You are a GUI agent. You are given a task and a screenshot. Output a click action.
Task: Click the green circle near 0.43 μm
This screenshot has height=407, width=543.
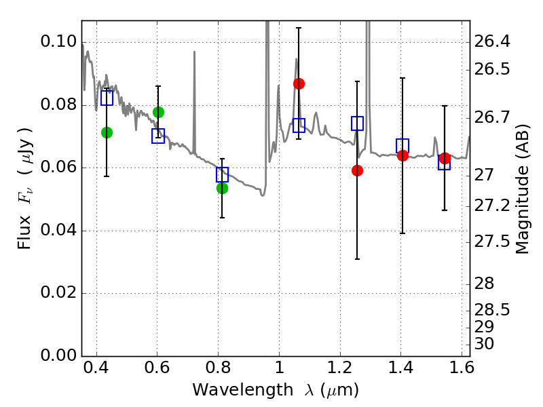coord(107,132)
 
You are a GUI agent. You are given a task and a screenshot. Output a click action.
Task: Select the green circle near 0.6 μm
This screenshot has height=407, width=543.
coord(158,112)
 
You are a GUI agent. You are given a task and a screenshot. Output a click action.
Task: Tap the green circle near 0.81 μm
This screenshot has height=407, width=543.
coord(222,188)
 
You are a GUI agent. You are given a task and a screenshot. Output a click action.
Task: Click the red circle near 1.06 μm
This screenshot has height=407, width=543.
coord(299,83)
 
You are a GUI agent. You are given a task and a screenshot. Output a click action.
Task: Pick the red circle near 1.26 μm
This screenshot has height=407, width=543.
coord(357,170)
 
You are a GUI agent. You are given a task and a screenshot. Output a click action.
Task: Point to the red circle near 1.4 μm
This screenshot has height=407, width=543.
coord(402,155)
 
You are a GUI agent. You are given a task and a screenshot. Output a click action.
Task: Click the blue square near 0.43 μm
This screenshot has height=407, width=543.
coord(107,98)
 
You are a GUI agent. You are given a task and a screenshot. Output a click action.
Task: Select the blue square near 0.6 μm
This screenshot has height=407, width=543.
coord(158,136)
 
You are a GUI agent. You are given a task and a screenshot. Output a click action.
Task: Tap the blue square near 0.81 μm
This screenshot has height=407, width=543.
coord(222,174)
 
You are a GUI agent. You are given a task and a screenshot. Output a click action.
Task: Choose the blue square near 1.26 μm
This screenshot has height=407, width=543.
coord(357,123)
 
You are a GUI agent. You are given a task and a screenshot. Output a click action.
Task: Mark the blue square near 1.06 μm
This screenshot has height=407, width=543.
coord(299,125)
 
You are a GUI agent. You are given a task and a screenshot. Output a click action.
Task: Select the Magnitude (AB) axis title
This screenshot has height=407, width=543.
coord(522,189)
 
